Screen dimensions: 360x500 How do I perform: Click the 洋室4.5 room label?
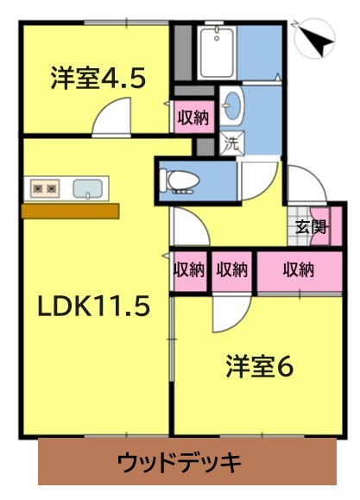[x=98, y=78]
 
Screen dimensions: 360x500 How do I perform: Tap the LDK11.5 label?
[x=94, y=305]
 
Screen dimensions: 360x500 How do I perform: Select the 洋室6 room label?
[x=260, y=366]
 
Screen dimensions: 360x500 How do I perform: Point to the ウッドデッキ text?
[x=180, y=463]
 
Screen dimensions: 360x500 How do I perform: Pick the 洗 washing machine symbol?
[x=232, y=144]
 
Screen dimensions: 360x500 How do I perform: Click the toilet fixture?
[x=180, y=182]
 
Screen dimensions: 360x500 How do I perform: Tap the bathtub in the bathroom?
[x=216, y=53]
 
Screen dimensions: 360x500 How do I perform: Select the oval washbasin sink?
[x=232, y=105]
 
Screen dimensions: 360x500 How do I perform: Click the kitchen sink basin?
[x=88, y=188]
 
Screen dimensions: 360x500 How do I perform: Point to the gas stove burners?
[x=45, y=189]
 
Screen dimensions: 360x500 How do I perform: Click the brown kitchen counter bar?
[x=70, y=211]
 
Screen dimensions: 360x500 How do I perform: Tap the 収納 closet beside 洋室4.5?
[x=193, y=117]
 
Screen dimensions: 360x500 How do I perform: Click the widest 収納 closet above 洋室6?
[x=299, y=271]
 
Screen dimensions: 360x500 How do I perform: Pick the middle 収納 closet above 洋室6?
[x=232, y=271]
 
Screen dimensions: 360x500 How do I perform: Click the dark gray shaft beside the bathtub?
[x=183, y=53]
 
